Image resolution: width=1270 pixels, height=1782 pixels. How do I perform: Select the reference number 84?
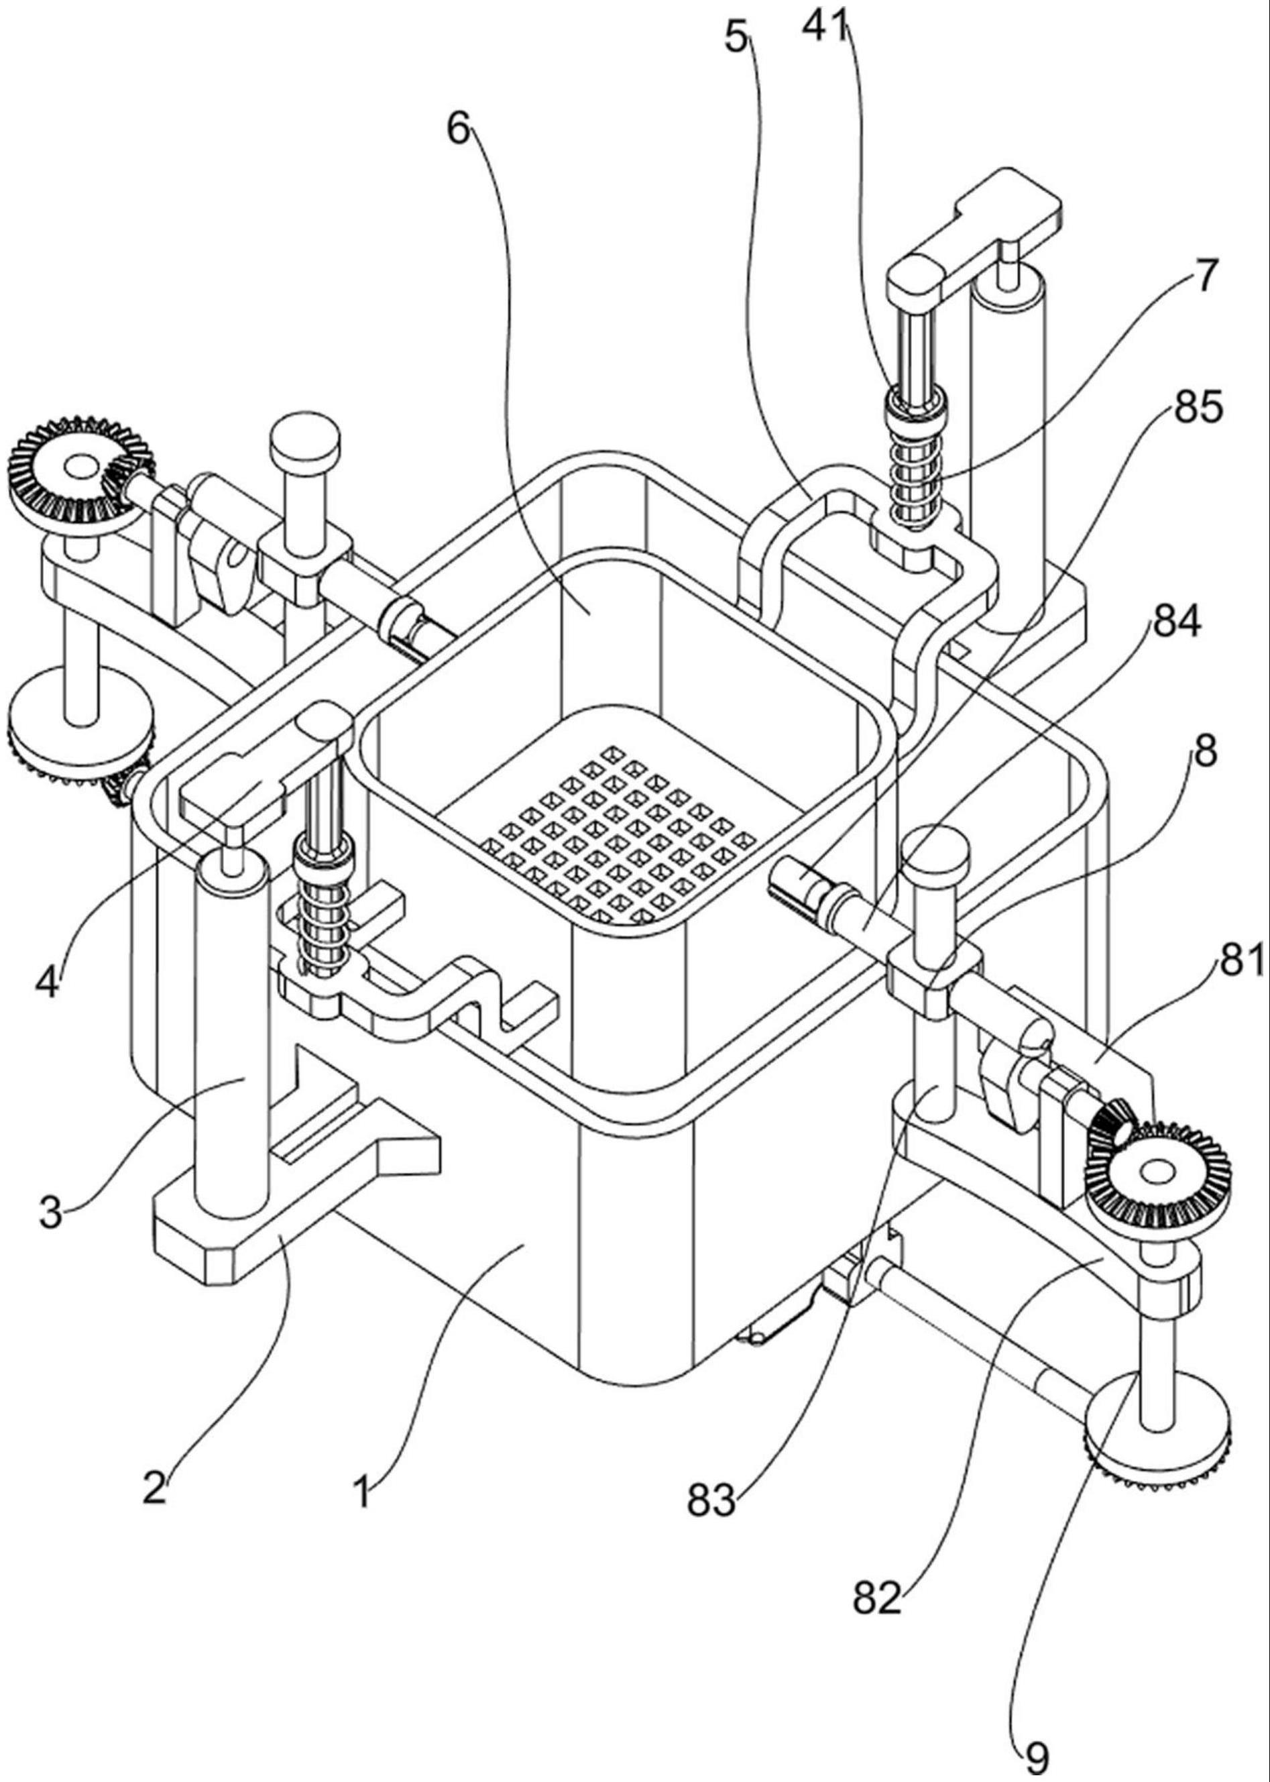(1174, 626)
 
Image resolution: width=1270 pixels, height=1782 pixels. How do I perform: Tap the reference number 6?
(459, 129)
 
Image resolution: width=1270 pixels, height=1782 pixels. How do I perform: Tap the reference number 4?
(47, 983)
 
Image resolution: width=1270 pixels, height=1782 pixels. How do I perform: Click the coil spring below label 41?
(913, 477)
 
